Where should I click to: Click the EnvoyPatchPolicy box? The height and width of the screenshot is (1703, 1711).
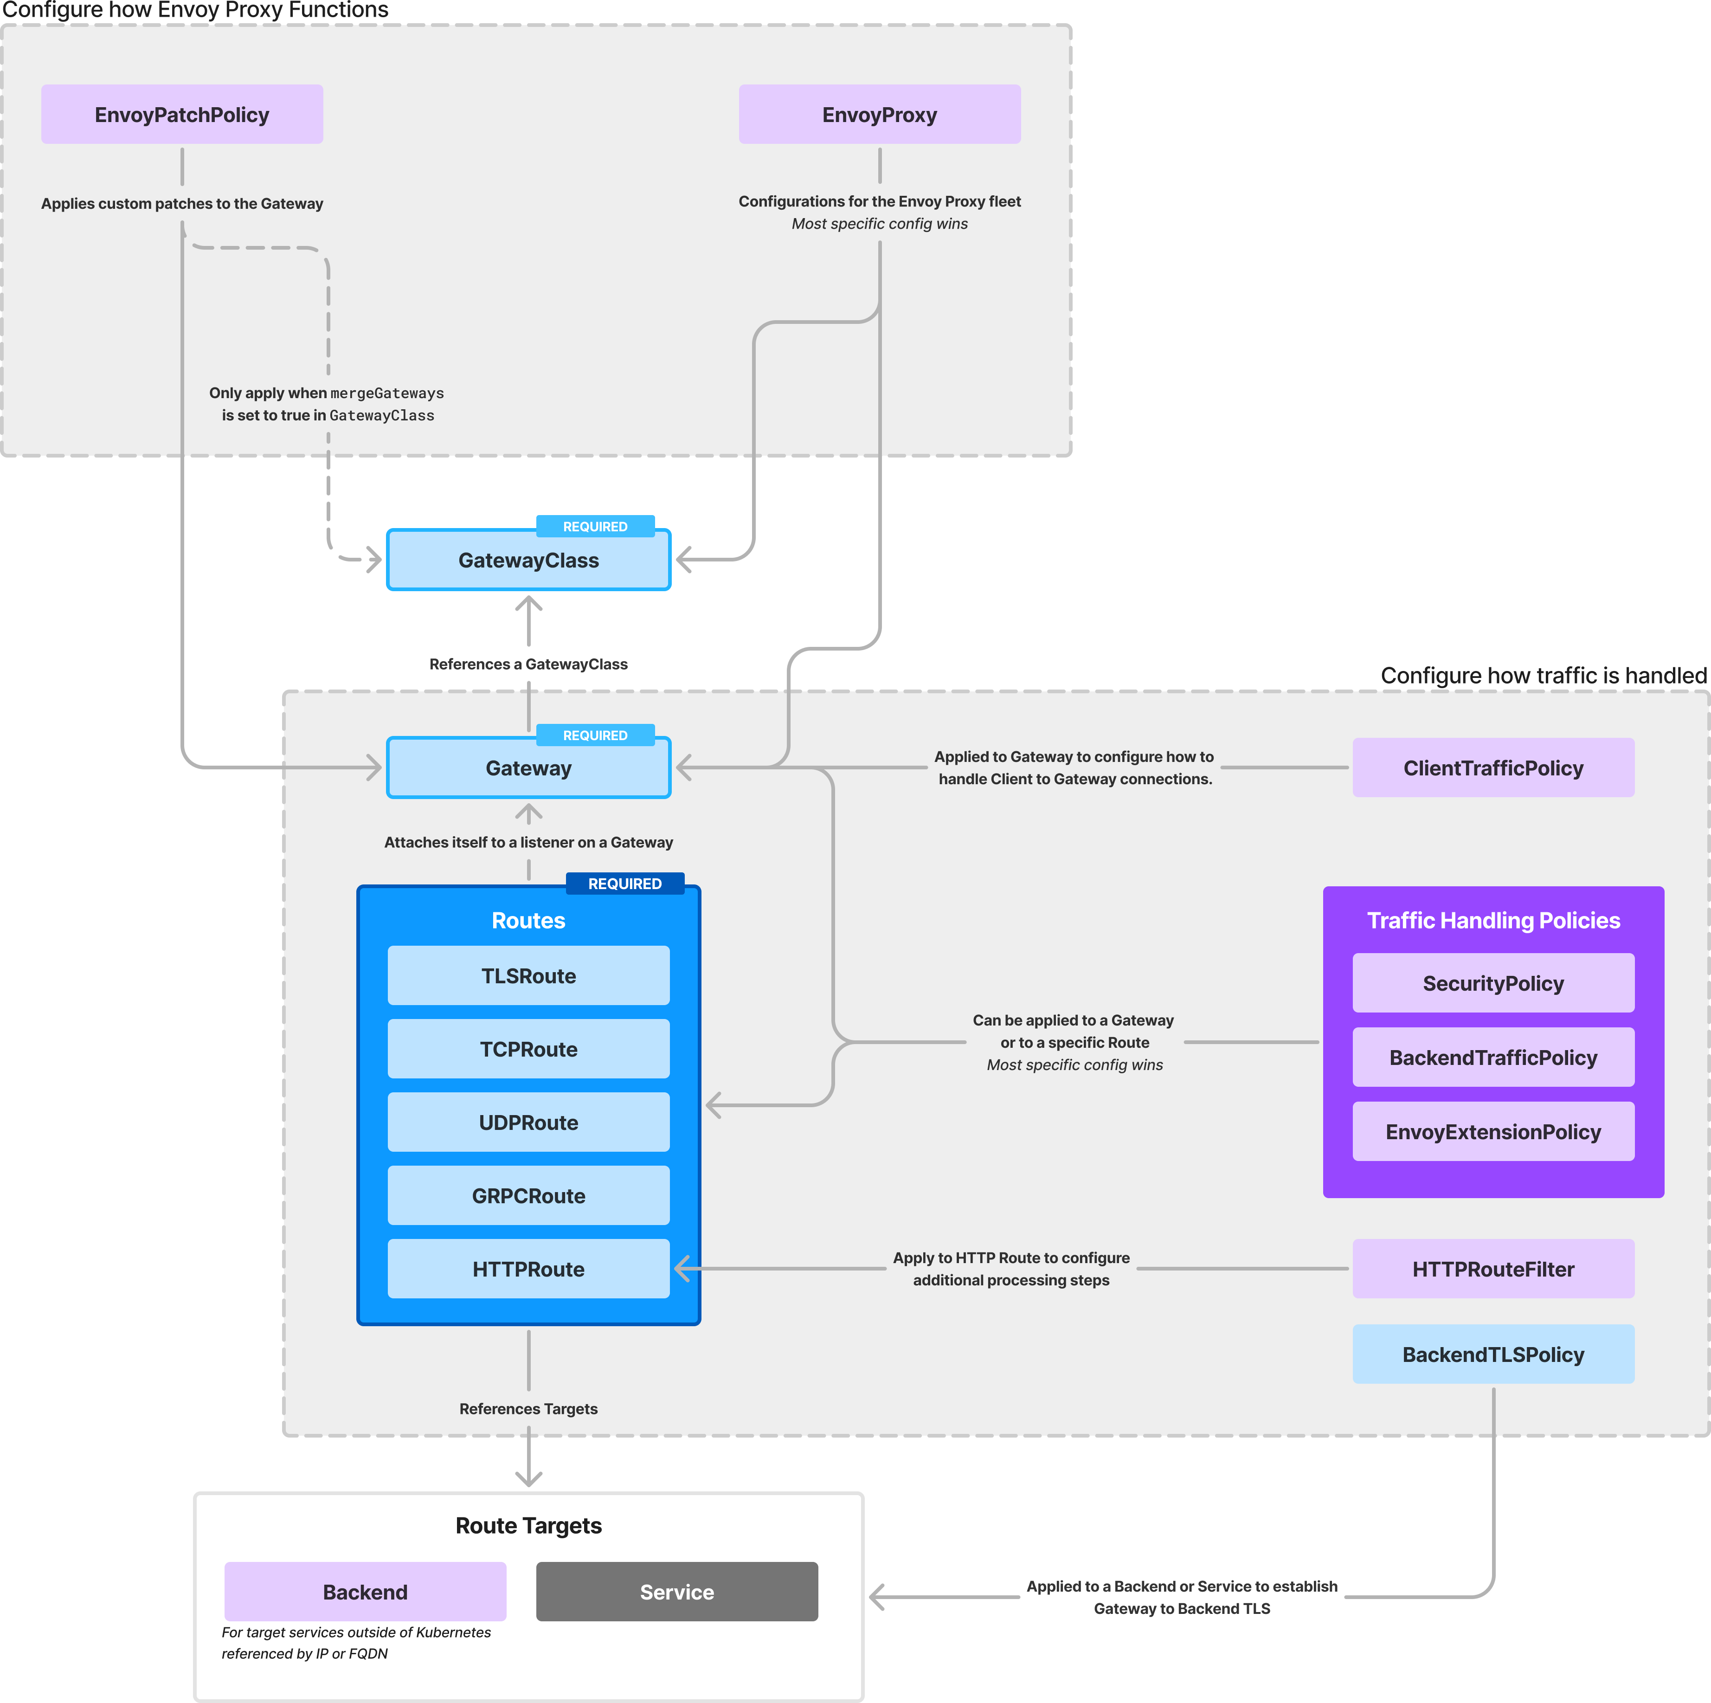181,114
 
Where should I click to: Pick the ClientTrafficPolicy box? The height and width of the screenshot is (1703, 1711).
1492,768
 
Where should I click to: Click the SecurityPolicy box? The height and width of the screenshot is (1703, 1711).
1492,983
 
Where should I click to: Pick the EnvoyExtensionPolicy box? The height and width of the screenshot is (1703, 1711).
1492,1132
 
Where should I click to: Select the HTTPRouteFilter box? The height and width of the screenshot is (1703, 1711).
1492,1269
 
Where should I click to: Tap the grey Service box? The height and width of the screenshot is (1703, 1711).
676,1592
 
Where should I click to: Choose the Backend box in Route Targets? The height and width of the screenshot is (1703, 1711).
365,1592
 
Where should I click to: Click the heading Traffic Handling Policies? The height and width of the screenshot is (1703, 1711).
1492,920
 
